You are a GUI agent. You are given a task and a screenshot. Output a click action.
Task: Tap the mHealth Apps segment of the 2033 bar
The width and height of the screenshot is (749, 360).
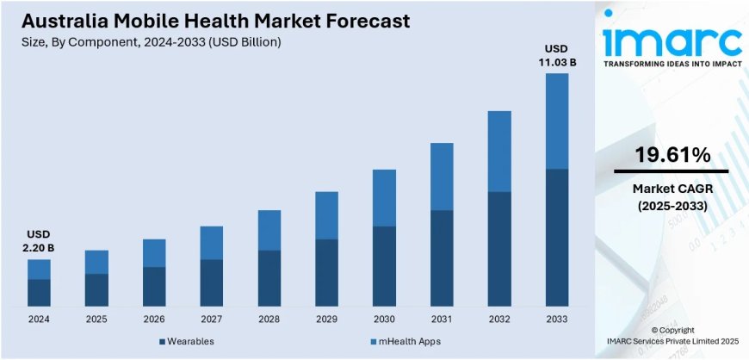pos(558,121)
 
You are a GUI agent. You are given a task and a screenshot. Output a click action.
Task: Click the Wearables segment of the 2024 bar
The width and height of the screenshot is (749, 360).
pos(39,292)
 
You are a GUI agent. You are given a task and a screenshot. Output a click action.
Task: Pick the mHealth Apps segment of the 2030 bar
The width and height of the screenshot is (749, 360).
pos(385,197)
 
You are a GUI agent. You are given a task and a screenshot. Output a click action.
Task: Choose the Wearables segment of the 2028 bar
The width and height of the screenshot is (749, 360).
pos(269,277)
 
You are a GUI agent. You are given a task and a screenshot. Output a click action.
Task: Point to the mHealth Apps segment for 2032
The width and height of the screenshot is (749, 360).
pos(500,151)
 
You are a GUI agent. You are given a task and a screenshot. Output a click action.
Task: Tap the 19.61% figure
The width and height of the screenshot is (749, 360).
pos(672,155)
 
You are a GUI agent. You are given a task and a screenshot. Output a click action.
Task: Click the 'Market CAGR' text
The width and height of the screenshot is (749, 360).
pos(672,189)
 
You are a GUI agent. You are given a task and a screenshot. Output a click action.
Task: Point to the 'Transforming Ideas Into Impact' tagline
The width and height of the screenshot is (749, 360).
pos(672,64)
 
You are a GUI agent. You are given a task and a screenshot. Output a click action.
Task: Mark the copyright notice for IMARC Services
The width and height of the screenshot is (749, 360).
pos(672,336)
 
